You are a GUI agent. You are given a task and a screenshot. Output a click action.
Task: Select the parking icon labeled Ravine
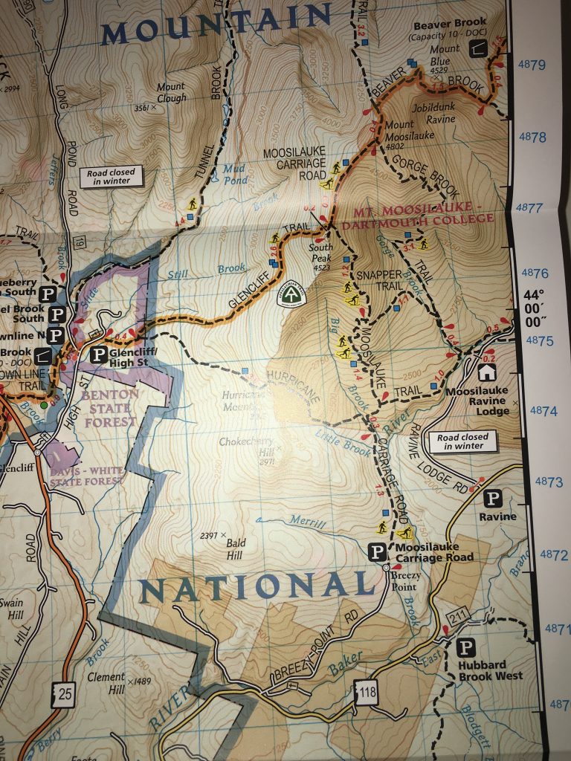tap(492, 498)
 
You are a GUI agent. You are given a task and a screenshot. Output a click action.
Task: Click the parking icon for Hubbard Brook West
tap(466, 648)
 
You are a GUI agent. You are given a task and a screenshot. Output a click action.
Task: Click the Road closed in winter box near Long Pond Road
tap(111, 177)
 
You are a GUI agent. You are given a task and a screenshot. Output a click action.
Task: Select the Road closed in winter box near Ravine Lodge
tap(462, 442)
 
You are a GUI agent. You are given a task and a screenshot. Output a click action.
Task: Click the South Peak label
tap(323, 252)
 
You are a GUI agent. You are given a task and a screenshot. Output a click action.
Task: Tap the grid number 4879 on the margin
tap(532, 65)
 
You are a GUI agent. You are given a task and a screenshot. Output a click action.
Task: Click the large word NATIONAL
tap(257, 587)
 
